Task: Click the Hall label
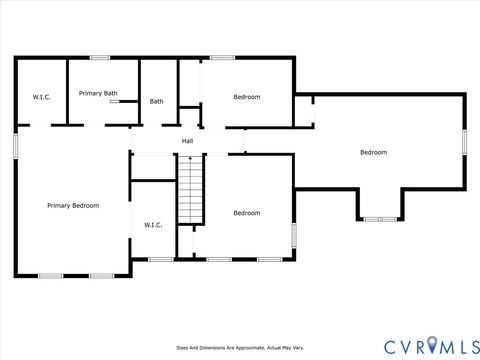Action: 187,141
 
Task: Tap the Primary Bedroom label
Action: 73,205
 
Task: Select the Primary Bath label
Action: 98,93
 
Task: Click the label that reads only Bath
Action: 157,101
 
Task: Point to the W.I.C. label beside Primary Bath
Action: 41,97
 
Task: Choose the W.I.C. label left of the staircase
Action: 153,225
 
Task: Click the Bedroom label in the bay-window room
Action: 373,152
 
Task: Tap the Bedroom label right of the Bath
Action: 247,97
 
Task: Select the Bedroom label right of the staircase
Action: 247,213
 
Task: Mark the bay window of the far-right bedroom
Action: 379,219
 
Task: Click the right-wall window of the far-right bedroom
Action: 464,141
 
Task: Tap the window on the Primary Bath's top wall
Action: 100,58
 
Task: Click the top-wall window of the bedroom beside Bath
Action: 222,58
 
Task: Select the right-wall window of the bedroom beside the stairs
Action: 294,234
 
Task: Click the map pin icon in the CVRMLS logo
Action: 432,345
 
